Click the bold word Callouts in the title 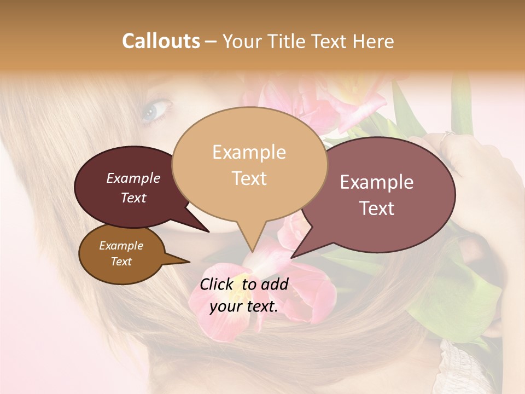tap(161, 41)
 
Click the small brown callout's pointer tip tap(189, 262)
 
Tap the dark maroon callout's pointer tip tap(208, 231)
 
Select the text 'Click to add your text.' tap(244, 295)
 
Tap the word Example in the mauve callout tap(377, 182)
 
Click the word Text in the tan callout tap(249, 178)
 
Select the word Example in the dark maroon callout tap(133, 178)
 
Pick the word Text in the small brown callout tap(121, 262)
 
